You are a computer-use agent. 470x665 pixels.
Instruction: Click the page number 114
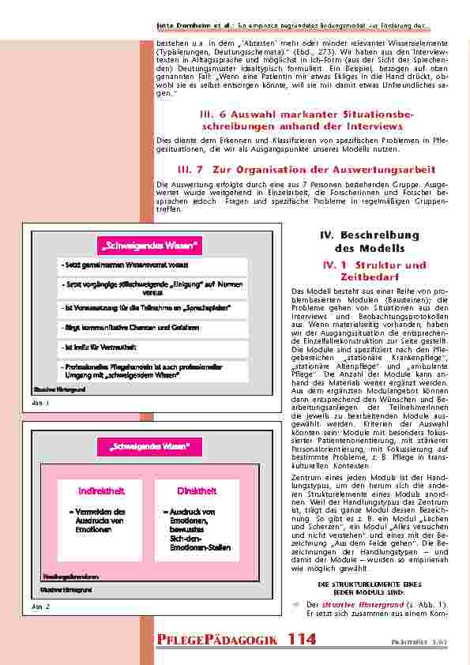tap(302, 639)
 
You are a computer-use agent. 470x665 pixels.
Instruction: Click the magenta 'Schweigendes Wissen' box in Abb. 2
tap(150, 448)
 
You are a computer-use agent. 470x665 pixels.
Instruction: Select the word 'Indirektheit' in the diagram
tap(102, 490)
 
